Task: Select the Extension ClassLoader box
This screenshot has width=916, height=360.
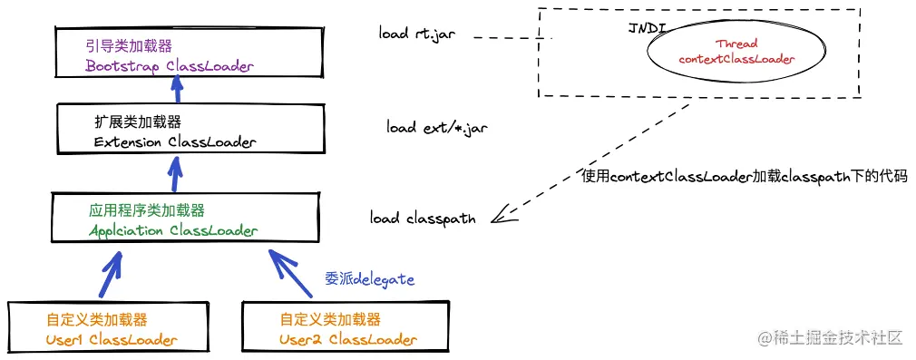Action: coord(176,131)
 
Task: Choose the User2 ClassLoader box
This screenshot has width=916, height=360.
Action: coord(346,328)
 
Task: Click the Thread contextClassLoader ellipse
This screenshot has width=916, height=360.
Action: coord(735,52)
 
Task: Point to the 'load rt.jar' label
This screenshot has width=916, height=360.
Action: coord(416,34)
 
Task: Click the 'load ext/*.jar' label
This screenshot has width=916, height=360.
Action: coord(437,128)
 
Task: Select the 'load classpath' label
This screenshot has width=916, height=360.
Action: coord(423,219)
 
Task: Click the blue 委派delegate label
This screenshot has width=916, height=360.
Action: coord(369,279)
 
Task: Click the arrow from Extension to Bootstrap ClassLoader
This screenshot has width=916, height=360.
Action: coord(178,90)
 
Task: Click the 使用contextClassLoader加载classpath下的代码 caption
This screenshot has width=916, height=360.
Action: coord(744,176)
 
